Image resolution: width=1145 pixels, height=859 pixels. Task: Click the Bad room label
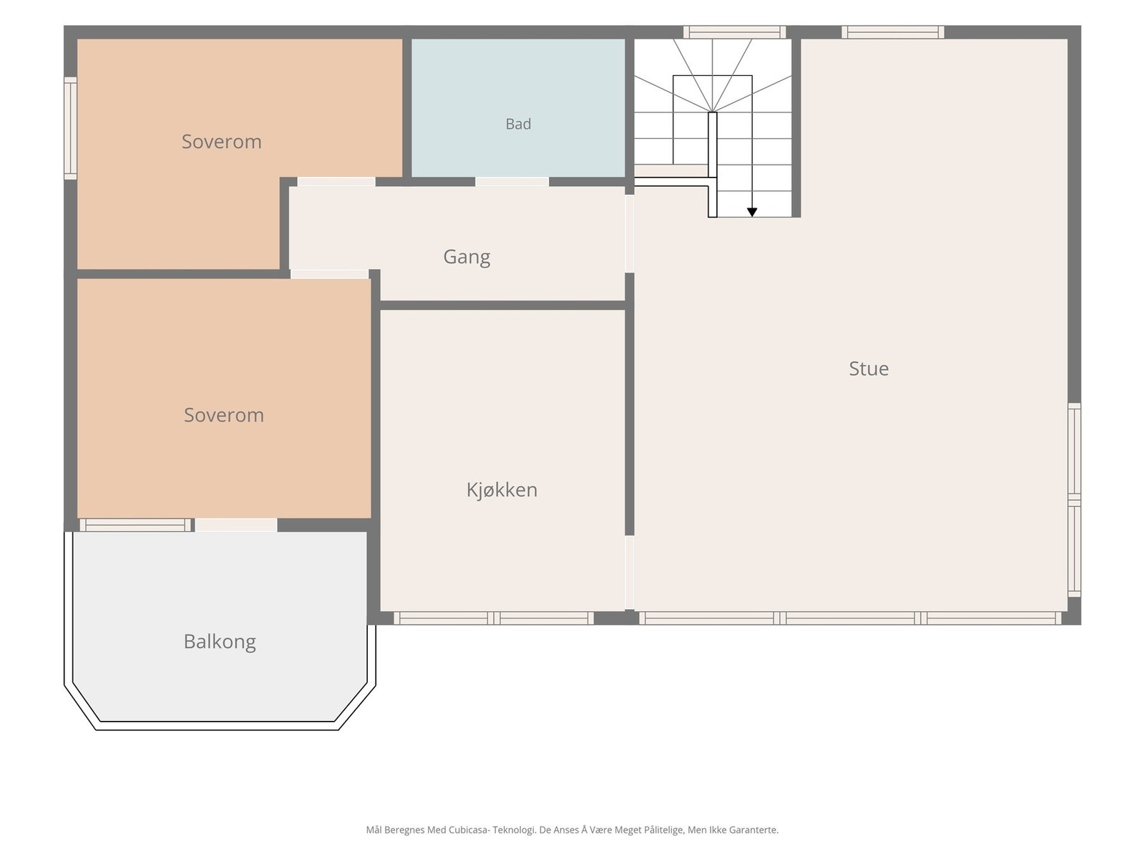click(x=518, y=124)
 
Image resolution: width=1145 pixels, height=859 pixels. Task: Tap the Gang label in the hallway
click(x=467, y=257)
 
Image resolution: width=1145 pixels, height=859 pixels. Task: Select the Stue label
click(x=869, y=369)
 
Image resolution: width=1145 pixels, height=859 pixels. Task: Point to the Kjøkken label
click(x=502, y=490)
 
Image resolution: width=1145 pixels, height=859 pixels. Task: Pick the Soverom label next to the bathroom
click(x=222, y=142)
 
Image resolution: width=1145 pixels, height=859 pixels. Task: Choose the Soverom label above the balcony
click(x=224, y=415)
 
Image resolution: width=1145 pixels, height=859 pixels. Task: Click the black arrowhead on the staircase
click(x=751, y=213)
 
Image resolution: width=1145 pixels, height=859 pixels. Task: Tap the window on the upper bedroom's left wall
click(x=70, y=128)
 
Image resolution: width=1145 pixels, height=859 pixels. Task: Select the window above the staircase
click(x=734, y=32)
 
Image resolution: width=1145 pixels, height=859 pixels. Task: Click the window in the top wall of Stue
click(x=892, y=32)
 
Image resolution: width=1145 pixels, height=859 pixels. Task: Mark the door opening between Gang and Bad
click(x=512, y=182)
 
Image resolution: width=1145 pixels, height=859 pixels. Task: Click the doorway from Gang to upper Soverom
click(x=336, y=182)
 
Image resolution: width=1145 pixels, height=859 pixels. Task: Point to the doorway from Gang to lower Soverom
click(x=330, y=274)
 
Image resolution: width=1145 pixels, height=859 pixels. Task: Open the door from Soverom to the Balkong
click(x=235, y=525)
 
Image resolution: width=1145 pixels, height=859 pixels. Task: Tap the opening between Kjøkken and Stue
click(x=630, y=572)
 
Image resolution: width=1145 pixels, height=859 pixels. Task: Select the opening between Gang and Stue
click(x=630, y=233)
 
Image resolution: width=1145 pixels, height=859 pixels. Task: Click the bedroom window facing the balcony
click(x=136, y=525)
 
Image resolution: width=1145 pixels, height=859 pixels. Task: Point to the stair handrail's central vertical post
click(x=713, y=165)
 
